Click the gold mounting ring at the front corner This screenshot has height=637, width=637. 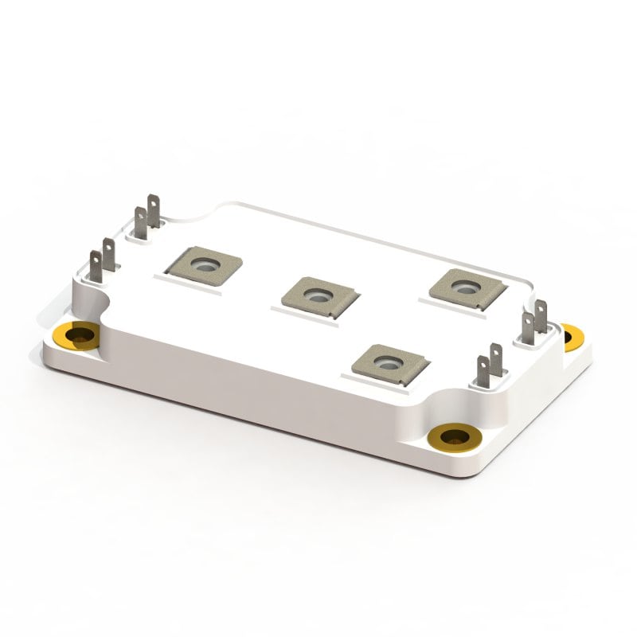point(454,437)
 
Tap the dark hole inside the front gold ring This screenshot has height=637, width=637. point(454,436)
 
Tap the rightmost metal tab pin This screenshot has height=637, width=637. point(541,316)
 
